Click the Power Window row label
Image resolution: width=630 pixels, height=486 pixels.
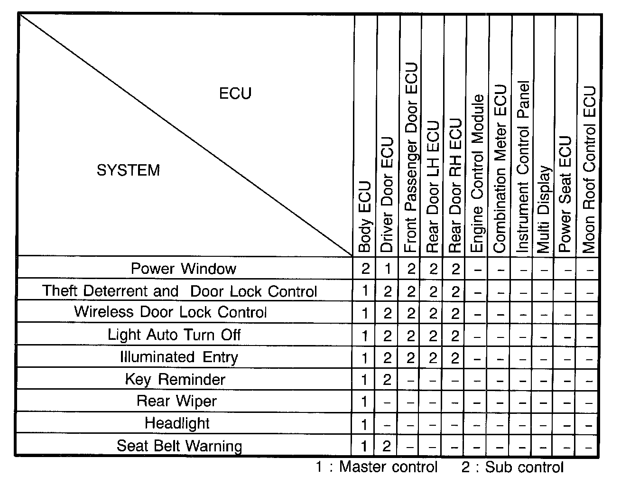pyautogui.click(x=184, y=269)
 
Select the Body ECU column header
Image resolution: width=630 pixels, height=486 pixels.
pyautogui.click(x=364, y=216)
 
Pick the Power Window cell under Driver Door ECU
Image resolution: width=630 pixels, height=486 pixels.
pyautogui.click(x=388, y=269)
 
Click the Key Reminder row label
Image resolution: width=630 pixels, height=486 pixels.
pyautogui.click(x=175, y=379)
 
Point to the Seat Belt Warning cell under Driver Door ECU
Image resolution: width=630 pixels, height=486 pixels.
pyautogui.click(x=387, y=446)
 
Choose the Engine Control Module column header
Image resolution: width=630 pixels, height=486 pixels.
pyautogui.click(x=477, y=174)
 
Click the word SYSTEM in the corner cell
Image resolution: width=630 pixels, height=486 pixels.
pyautogui.click(x=128, y=170)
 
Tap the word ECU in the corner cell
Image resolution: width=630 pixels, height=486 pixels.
pyautogui.click(x=235, y=93)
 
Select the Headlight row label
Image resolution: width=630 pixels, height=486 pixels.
pyautogui.click(x=177, y=423)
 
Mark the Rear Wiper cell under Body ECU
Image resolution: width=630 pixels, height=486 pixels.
pyautogui.click(x=364, y=402)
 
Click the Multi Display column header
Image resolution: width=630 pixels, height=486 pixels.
pyautogui.click(x=544, y=209)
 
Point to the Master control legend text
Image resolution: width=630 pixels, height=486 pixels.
pyautogui.click(x=377, y=467)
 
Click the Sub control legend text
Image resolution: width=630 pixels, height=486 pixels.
pyautogui.click(x=513, y=467)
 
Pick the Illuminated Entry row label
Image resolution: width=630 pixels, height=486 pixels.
pyautogui.click(x=179, y=357)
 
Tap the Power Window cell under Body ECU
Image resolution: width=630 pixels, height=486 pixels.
pyautogui.click(x=365, y=269)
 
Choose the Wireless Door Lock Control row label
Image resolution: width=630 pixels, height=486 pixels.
pyautogui.click(x=170, y=312)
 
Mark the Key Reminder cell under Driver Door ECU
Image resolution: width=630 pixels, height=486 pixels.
pyautogui.click(x=387, y=380)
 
